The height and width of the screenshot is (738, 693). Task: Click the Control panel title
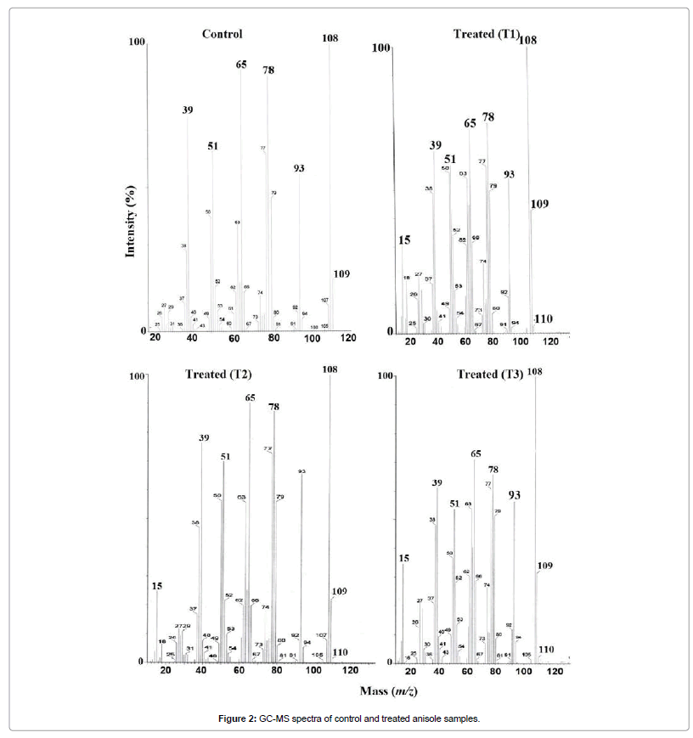[x=222, y=35]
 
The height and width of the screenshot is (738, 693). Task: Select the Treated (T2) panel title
[x=218, y=374]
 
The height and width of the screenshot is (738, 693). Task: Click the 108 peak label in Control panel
[x=330, y=37]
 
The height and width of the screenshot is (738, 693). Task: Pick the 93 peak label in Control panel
[x=299, y=168]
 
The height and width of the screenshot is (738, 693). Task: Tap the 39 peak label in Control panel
[x=187, y=110]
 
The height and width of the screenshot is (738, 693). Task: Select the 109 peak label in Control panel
[x=341, y=274]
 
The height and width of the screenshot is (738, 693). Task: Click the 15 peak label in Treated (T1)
[x=404, y=240]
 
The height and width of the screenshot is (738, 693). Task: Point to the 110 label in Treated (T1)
[x=543, y=318]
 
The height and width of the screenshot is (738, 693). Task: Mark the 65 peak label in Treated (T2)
[x=250, y=397]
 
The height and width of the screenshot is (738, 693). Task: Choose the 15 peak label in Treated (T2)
[x=156, y=586]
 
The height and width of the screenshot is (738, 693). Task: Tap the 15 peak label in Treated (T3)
[x=404, y=558]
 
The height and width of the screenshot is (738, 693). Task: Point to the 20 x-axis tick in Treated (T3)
[x=411, y=672]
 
